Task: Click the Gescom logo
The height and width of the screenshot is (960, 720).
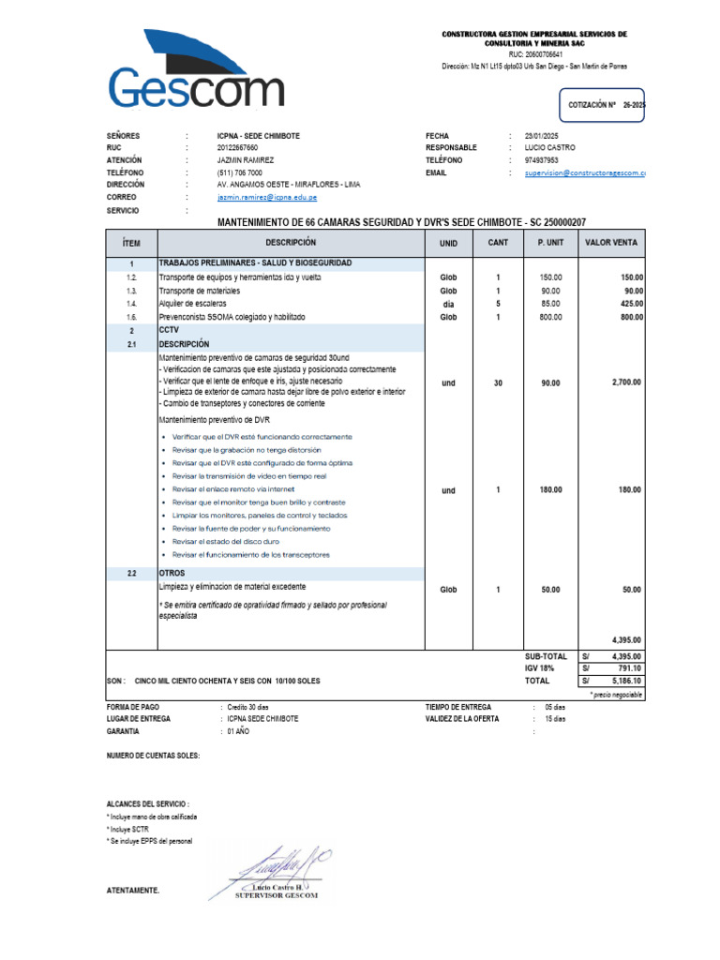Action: tap(197, 75)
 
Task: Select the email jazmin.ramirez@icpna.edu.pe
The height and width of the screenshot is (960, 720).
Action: tap(267, 198)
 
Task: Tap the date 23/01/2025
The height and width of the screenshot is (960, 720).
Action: tap(541, 136)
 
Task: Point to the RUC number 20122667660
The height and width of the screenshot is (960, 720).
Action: tap(238, 148)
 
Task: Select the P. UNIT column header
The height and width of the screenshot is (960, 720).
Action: tap(550, 243)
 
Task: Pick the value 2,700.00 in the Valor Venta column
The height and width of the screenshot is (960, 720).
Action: tap(625, 382)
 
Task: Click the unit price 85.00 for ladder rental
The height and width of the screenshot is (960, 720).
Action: tap(550, 304)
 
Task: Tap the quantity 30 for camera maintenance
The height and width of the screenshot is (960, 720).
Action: tap(498, 382)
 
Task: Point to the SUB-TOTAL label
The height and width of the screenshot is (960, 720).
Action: tap(546, 656)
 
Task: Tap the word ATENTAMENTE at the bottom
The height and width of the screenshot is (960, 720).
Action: tap(133, 891)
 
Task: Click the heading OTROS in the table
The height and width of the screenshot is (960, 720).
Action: tap(172, 573)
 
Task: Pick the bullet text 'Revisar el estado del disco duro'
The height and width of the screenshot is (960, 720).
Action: tap(226, 542)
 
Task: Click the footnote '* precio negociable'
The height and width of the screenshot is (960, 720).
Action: tap(616, 695)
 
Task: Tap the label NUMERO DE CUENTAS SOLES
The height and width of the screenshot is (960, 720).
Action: tap(153, 755)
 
